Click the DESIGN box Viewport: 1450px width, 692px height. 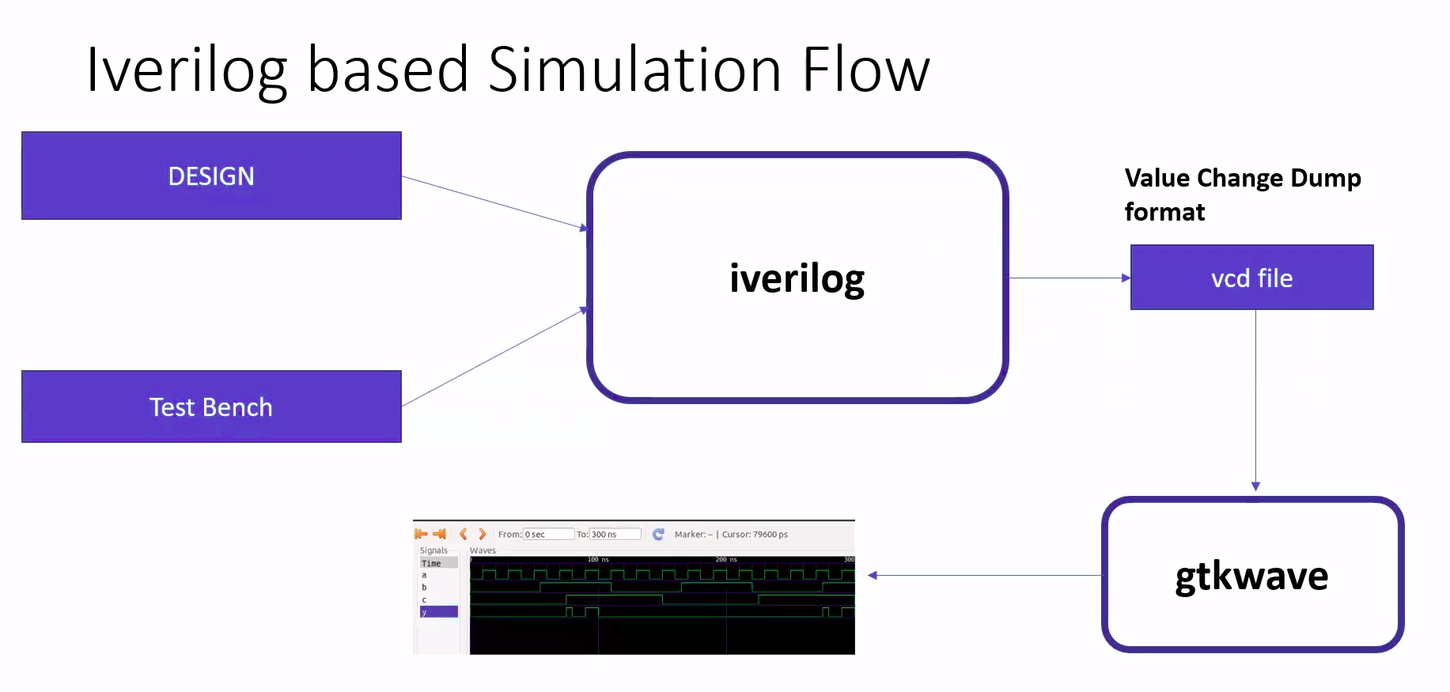211,176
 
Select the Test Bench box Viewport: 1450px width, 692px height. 211,407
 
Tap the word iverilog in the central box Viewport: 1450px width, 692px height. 797,278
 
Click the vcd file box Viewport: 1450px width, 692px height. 1251,278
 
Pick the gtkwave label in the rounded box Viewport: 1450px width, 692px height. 1251,576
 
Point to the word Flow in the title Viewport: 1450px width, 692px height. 865,70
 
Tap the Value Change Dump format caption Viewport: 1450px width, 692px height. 1242,195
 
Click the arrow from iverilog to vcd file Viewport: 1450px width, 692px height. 1068,278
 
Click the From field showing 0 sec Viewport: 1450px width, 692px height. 548,535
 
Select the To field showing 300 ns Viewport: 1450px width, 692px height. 615,535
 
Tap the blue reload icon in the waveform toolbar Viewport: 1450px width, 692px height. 658,535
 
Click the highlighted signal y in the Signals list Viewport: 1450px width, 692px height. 438,611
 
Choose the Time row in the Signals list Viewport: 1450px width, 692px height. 438,563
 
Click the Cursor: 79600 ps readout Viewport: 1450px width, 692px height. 755,535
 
